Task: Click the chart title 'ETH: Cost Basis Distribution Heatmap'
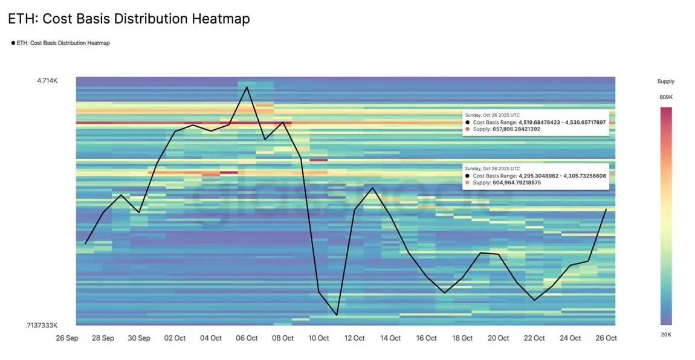click(129, 19)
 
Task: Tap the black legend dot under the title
click(13, 43)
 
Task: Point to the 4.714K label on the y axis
click(48, 80)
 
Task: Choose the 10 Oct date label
click(318, 338)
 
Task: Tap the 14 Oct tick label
click(390, 338)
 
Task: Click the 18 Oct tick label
click(462, 338)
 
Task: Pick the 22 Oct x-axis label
click(534, 338)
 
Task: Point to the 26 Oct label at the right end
click(606, 338)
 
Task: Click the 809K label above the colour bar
click(665, 97)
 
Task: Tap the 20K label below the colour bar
click(665, 335)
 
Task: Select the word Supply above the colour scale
click(665, 82)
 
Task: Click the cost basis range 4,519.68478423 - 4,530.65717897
click(562, 122)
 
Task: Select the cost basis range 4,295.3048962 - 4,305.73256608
click(562, 176)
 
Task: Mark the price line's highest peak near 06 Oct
click(247, 87)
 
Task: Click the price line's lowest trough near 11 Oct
click(337, 315)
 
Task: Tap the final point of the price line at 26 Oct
click(606, 209)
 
